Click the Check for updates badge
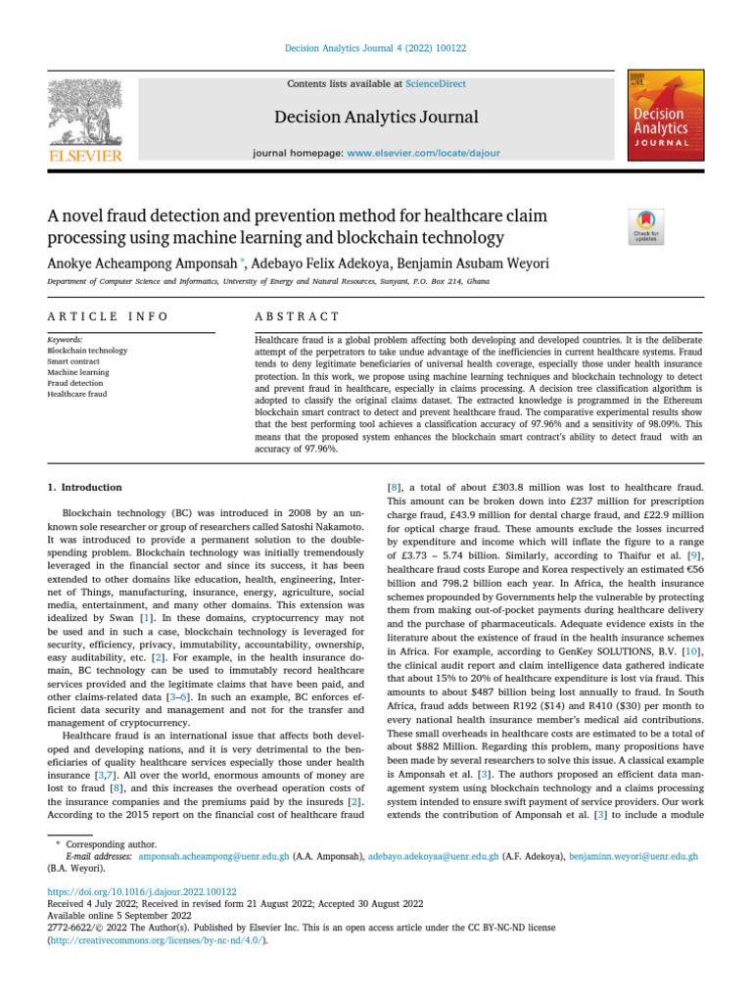click(x=646, y=226)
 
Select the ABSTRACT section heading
click(x=297, y=316)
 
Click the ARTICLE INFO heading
click(x=108, y=316)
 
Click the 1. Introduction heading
click(x=85, y=487)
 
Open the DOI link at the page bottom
click(x=142, y=891)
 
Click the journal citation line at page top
click(x=376, y=48)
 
